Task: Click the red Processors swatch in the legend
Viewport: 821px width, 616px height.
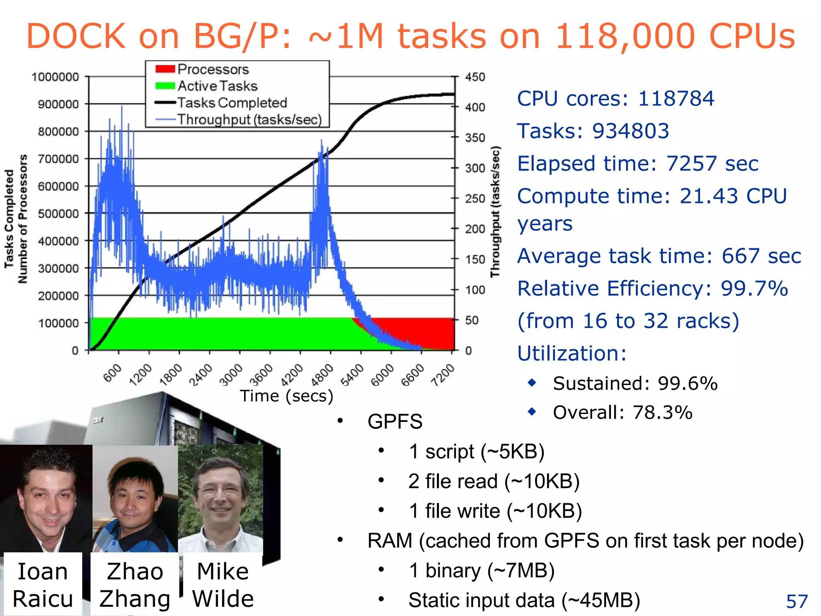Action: click(165, 69)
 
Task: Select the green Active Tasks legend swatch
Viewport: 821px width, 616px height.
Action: click(165, 86)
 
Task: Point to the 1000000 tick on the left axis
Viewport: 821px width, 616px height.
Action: click(55, 77)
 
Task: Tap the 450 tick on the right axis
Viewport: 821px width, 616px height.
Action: click(475, 77)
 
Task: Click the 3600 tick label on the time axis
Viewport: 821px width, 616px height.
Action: click(261, 375)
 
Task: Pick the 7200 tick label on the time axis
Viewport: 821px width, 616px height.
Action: click(443, 375)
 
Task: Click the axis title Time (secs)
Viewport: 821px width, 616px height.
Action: click(286, 396)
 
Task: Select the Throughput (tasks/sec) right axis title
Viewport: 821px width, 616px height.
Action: click(495, 211)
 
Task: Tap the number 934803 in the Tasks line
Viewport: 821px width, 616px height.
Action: click(631, 131)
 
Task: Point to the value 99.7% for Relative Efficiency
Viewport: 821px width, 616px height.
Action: click(754, 288)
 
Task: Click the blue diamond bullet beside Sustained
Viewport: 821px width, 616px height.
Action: click(532, 383)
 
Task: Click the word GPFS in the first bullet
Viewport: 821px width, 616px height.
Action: click(395, 421)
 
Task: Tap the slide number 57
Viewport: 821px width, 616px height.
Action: click(797, 602)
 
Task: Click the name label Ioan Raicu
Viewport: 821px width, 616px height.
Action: click(42, 585)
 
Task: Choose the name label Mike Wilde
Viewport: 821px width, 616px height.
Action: click(223, 585)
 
